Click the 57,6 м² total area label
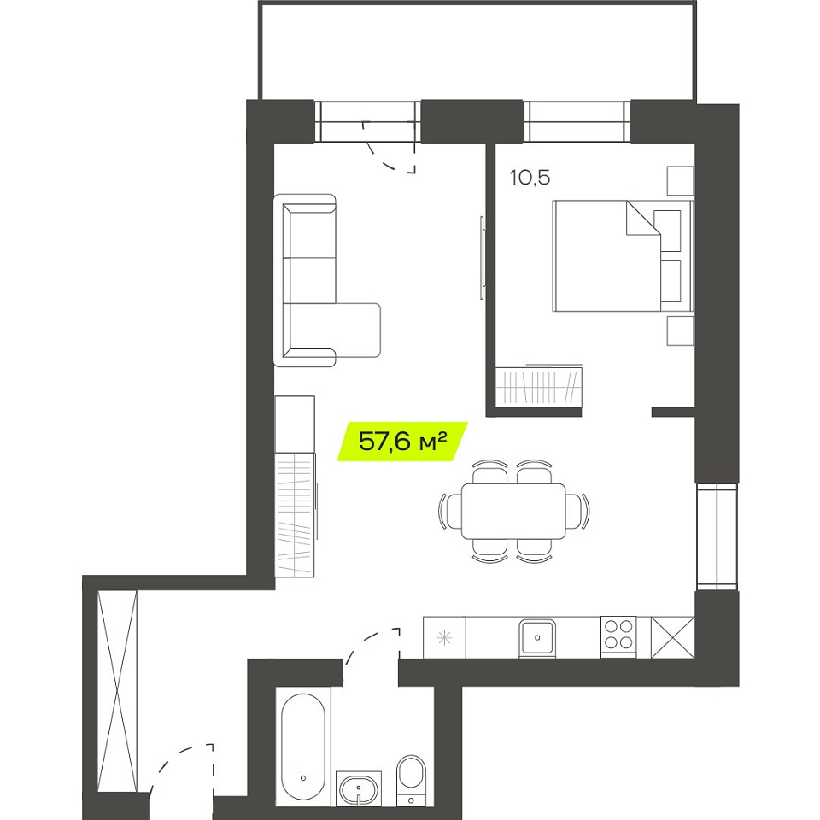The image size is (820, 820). coord(402,442)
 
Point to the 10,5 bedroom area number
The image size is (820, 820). coord(530,178)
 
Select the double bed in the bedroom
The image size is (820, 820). coord(623,256)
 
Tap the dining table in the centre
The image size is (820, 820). coord(513,511)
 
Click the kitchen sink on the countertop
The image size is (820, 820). coord(537,638)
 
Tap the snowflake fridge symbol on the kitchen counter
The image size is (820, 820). coord(444,637)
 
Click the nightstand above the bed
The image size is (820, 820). coord(680,181)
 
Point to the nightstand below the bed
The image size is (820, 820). coord(680,331)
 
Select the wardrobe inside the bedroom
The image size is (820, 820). coord(539,385)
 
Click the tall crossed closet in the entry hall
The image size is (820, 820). coord(118,691)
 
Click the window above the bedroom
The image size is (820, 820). coord(577,121)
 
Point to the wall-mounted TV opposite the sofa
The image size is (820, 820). coord(482,258)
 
